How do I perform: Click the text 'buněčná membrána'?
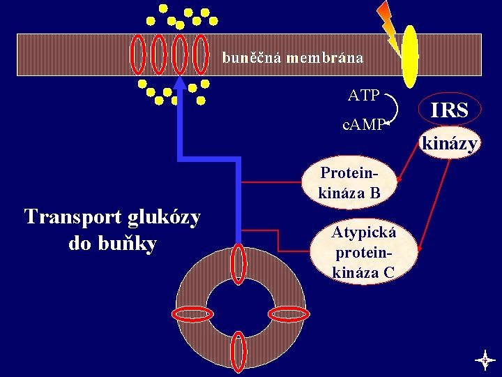[x=293, y=57]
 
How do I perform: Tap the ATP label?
[x=363, y=94]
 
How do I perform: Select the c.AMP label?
[x=363, y=125]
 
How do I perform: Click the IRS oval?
[x=449, y=110]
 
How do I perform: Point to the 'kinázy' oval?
[x=450, y=144]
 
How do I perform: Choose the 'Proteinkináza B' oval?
[x=349, y=183]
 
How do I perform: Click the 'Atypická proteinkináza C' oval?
[x=364, y=252]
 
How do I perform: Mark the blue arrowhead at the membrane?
[x=181, y=84]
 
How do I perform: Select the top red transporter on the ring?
[x=238, y=264]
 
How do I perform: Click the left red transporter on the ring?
[x=192, y=314]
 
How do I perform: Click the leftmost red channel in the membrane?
[x=139, y=54]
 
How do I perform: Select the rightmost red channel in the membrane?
[x=201, y=54]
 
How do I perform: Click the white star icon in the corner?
[x=485, y=360]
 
